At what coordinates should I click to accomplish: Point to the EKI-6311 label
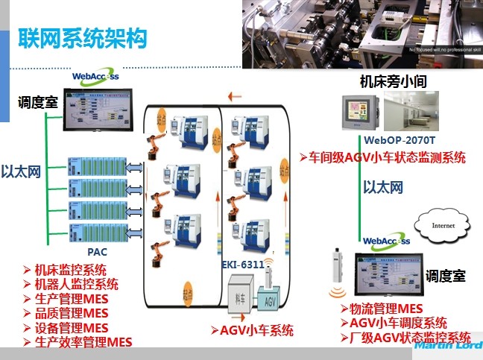(242, 264)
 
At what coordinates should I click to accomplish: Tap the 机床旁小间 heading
(393, 81)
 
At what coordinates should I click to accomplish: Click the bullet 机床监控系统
(70, 270)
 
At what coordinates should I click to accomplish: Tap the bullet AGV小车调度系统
(393, 323)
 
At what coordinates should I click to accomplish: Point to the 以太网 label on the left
(20, 171)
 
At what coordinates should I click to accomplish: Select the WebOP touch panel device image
(362, 113)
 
